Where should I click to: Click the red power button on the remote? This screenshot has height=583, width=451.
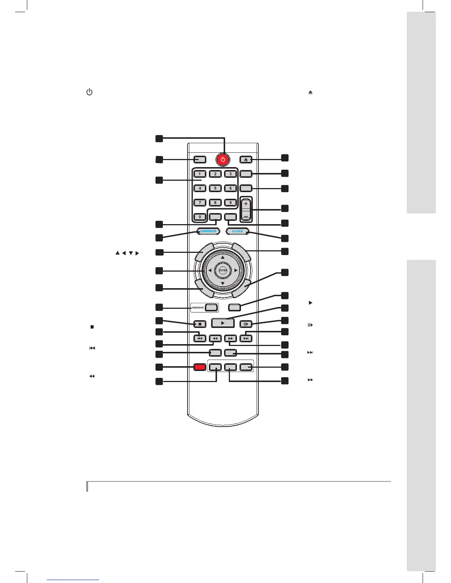223,160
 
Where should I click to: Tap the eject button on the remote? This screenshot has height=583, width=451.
246,160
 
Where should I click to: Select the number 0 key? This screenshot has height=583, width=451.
200,217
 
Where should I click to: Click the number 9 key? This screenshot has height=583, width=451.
231,202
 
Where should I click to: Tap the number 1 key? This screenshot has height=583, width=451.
200,174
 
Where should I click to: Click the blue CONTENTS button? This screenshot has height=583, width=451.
208,232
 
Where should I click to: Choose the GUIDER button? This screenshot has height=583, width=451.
238,232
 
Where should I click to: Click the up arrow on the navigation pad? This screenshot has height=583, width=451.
223,257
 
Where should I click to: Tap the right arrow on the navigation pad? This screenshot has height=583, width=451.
236,271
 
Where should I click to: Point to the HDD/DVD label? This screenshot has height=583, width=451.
198,308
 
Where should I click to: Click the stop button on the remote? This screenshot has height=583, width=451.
200,324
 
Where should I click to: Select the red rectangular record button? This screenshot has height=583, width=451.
200,367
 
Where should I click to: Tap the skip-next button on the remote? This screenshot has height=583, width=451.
246,338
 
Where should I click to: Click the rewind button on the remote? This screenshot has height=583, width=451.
215,338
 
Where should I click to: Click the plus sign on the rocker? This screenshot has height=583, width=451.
246,204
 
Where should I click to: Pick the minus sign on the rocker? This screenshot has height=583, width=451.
246,216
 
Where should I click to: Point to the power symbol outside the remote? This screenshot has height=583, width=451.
89,92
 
